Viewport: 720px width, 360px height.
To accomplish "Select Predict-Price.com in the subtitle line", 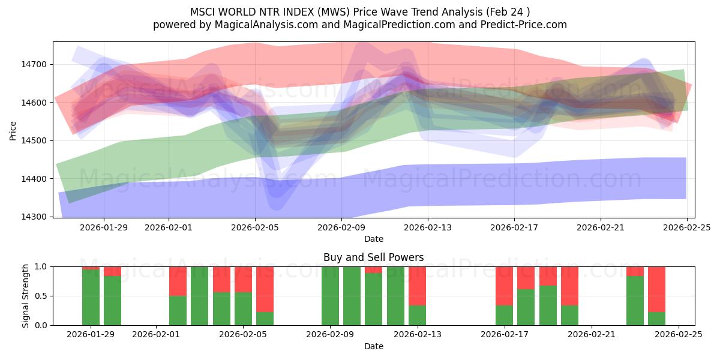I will [x=522, y=25].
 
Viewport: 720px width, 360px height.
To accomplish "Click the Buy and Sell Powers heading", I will [x=373, y=257].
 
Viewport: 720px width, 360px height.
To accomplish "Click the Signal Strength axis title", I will [x=25, y=296].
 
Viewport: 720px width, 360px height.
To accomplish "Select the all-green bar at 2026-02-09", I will [x=330, y=296].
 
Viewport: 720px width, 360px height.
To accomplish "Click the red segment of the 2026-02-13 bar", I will [x=417, y=286].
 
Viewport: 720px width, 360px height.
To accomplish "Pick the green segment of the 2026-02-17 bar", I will [x=504, y=315].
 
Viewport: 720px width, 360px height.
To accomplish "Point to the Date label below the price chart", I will [x=373, y=239].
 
